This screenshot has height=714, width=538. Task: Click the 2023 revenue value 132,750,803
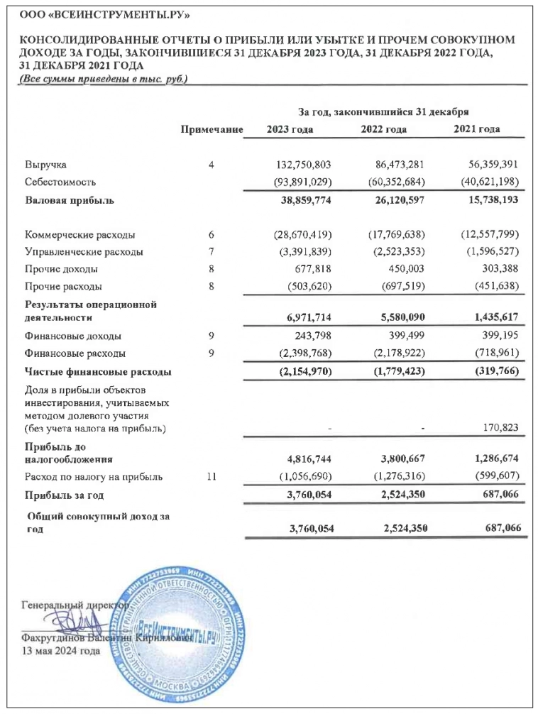(x=294, y=165)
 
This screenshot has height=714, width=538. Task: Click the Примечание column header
(x=212, y=129)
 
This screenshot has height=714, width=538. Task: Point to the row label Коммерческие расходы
(x=80, y=235)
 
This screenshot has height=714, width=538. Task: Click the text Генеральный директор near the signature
(x=73, y=606)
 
